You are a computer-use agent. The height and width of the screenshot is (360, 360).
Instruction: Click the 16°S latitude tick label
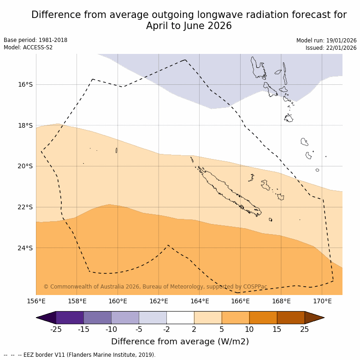click(x=25, y=84)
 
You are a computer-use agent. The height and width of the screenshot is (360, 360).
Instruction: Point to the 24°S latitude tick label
click(x=25, y=248)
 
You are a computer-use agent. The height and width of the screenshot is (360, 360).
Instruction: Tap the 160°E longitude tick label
click(x=118, y=301)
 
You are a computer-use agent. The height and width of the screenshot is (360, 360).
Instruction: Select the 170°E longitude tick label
click(x=322, y=301)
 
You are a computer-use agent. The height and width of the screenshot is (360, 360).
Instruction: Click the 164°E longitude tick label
click(x=200, y=301)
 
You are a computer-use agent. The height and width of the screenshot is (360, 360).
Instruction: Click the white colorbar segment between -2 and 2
click(x=180, y=318)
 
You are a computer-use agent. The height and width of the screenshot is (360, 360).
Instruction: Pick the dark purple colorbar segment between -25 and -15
click(x=70, y=318)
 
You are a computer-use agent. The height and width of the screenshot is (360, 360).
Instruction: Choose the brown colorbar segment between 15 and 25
click(x=291, y=318)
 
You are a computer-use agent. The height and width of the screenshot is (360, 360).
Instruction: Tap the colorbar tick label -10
click(x=111, y=329)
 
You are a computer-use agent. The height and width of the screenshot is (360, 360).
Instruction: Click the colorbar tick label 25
click(x=305, y=329)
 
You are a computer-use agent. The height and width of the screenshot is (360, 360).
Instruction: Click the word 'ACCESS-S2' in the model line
click(x=38, y=47)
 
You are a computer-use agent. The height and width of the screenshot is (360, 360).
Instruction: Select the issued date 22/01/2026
click(x=342, y=47)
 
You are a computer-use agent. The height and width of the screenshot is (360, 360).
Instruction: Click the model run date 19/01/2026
click(x=342, y=40)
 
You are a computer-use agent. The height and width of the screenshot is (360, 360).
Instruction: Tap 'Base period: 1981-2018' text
click(x=35, y=40)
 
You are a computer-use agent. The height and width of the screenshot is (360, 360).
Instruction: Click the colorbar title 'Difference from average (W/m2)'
click(x=180, y=342)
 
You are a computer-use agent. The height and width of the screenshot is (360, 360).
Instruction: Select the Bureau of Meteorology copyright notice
click(x=155, y=287)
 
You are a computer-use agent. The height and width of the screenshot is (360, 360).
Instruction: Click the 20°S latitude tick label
click(x=25, y=166)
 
